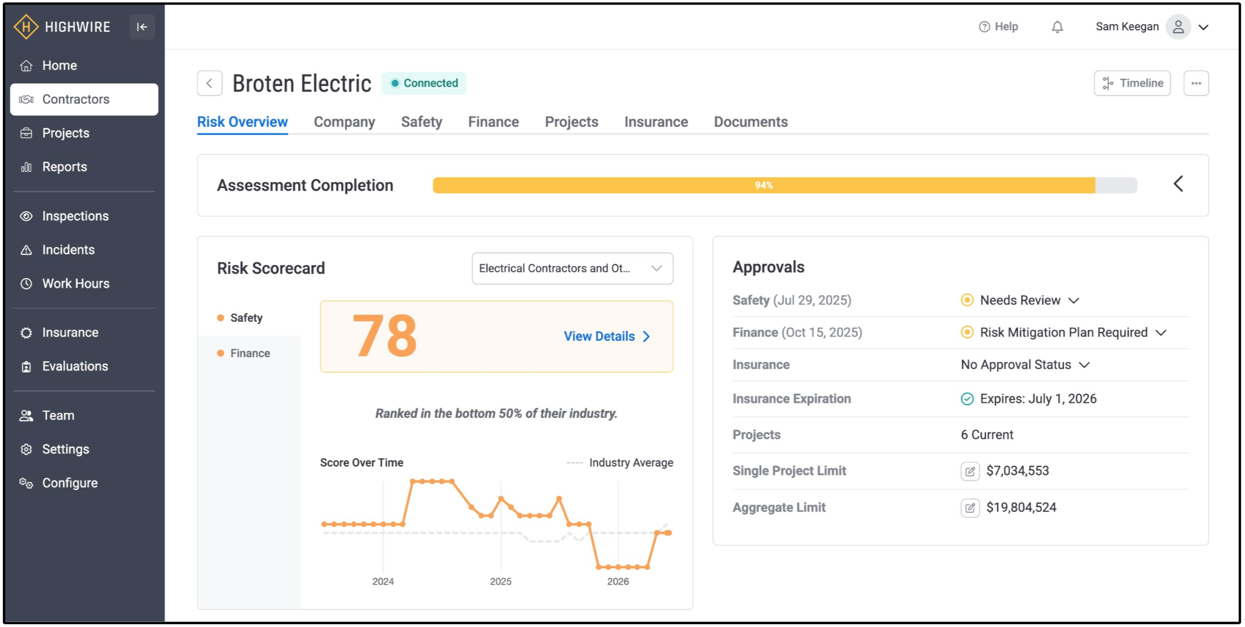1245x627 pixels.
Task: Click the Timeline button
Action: click(1132, 83)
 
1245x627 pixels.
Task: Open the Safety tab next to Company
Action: click(421, 122)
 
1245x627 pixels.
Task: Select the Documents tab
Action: click(751, 122)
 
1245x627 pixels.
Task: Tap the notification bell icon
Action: click(1057, 27)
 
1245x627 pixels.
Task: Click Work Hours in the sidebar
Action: click(76, 283)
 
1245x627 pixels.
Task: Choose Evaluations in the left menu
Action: click(75, 366)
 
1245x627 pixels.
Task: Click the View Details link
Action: click(607, 337)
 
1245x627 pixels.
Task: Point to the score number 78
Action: click(385, 336)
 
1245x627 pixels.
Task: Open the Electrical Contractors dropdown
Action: click(572, 268)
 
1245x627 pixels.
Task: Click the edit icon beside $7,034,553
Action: click(970, 471)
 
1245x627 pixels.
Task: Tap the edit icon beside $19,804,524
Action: click(970, 508)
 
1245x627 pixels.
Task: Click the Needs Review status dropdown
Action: click(1020, 300)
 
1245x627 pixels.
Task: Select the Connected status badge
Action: click(424, 83)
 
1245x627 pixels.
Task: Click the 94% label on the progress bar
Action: click(764, 186)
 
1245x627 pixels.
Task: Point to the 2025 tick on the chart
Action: click(501, 581)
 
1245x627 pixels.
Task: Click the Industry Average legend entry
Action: click(620, 463)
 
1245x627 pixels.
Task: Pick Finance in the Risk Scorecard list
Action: click(250, 353)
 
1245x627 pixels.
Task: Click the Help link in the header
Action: click(998, 27)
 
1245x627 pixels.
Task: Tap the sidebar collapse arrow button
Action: click(142, 27)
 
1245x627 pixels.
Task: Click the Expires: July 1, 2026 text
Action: click(1038, 399)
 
